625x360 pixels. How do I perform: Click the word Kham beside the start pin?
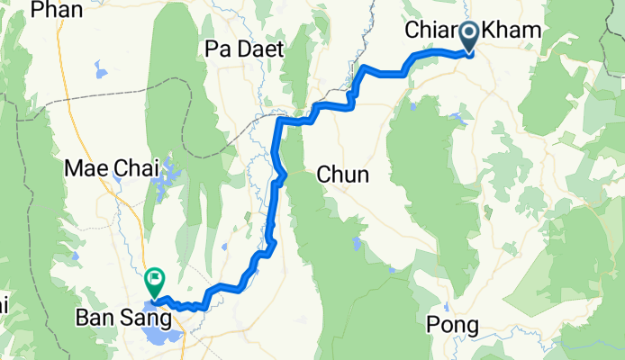coord(513,31)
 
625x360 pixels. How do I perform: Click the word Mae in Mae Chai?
coord(84,167)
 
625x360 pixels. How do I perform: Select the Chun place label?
coord(342,175)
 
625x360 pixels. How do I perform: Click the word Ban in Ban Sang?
coord(95,319)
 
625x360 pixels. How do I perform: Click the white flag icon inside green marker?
coord(154,278)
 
